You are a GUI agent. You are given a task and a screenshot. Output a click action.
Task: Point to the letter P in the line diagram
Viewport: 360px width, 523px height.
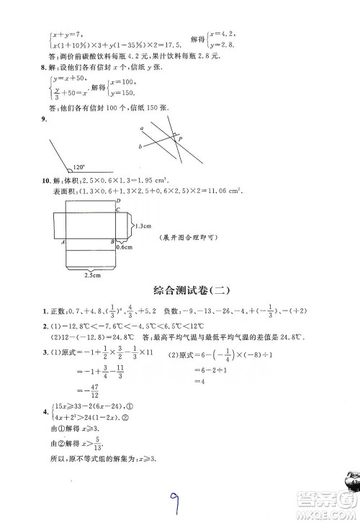(179, 138)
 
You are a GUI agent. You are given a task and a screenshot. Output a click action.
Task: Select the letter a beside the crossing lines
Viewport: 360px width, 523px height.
(143, 128)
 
